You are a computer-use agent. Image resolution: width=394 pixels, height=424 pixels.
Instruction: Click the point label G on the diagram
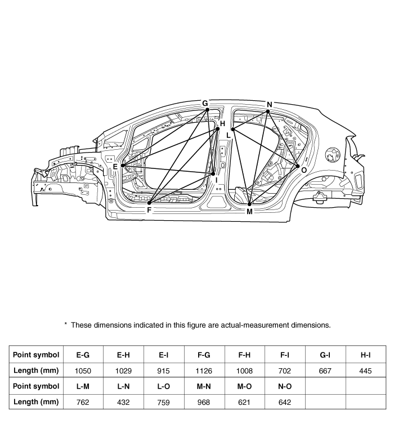(x=205, y=103)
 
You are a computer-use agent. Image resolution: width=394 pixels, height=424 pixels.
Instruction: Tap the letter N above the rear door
(x=269, y=104)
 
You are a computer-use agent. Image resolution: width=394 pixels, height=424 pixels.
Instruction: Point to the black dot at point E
(x=123, y=166)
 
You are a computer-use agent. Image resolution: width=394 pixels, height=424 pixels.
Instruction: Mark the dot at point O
(x=298, y=166)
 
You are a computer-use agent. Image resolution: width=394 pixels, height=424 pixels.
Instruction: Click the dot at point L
(x=232, y=130)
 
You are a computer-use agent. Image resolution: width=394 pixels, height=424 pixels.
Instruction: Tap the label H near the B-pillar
(x=222, y=123)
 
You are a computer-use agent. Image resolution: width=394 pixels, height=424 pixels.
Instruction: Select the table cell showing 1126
(x=204, y=371)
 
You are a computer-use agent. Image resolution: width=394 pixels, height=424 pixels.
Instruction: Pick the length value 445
(x=365, y=371)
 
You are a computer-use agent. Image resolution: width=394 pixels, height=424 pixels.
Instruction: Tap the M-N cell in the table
(x=204, y=386)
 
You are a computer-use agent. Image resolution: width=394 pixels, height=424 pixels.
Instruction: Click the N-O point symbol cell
(x=285, y=386)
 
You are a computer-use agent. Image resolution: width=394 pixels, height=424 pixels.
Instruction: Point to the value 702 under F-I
(x=285, y=371)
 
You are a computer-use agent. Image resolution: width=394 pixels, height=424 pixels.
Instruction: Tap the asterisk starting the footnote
(x=66, y=324)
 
